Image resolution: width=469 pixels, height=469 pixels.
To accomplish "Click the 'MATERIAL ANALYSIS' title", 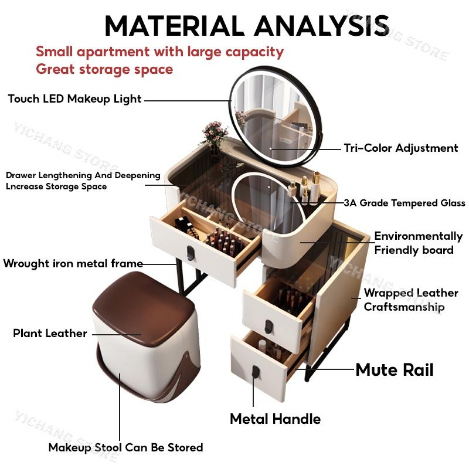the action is [247, 25].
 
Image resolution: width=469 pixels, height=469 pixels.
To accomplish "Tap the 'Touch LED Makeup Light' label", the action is [74, 99].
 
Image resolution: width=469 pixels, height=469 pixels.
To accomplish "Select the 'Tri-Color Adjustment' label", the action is [401, 148].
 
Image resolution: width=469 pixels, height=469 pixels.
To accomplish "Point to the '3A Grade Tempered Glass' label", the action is [405, 203].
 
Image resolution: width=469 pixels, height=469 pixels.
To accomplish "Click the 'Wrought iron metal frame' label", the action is [73, 263].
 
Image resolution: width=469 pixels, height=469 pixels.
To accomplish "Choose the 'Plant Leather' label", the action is [50, 333].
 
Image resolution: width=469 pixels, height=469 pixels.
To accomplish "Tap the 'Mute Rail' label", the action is [395, 370].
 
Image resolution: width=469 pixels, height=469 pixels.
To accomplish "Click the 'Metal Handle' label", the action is [275, 419].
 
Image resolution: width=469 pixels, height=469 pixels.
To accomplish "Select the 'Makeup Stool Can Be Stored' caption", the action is [125, 447].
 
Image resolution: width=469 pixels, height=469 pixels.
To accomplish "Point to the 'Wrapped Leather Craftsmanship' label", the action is [411, 300].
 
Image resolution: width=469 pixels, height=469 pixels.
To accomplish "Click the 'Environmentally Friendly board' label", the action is [418, 243].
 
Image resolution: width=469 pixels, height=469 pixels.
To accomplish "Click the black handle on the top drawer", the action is [190, 252].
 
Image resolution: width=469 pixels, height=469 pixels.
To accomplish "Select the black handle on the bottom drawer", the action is [256, 372].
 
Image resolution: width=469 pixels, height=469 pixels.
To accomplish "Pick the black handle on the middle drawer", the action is [269, 327].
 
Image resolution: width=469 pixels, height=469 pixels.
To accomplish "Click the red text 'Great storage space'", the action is [104, 69].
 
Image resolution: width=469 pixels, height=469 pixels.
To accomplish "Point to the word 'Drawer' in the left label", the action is [21, 175].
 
